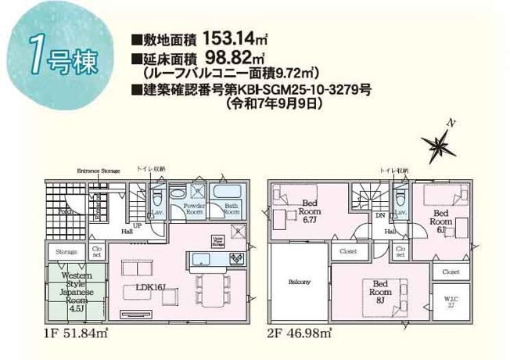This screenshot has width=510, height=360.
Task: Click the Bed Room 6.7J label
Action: point(310,211)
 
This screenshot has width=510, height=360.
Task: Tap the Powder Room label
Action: point(193,209)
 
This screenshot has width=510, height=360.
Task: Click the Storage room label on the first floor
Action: point(66,252)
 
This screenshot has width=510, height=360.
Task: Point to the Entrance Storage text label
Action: point(98,170)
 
